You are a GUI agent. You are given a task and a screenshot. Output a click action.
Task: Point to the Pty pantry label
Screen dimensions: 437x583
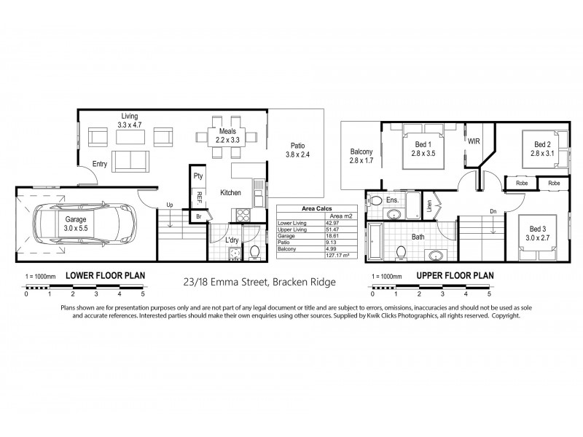197,176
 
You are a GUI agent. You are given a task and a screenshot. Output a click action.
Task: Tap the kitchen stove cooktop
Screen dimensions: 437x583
241,215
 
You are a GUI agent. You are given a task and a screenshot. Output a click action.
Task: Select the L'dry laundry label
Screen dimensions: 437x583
233,240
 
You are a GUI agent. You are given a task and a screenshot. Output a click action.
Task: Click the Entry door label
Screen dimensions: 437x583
100,165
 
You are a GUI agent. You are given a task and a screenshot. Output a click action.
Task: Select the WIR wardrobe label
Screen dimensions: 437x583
474,141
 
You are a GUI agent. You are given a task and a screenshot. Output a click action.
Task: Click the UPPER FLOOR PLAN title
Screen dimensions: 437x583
455,276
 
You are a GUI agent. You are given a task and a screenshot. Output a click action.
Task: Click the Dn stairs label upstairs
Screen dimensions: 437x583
493,212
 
